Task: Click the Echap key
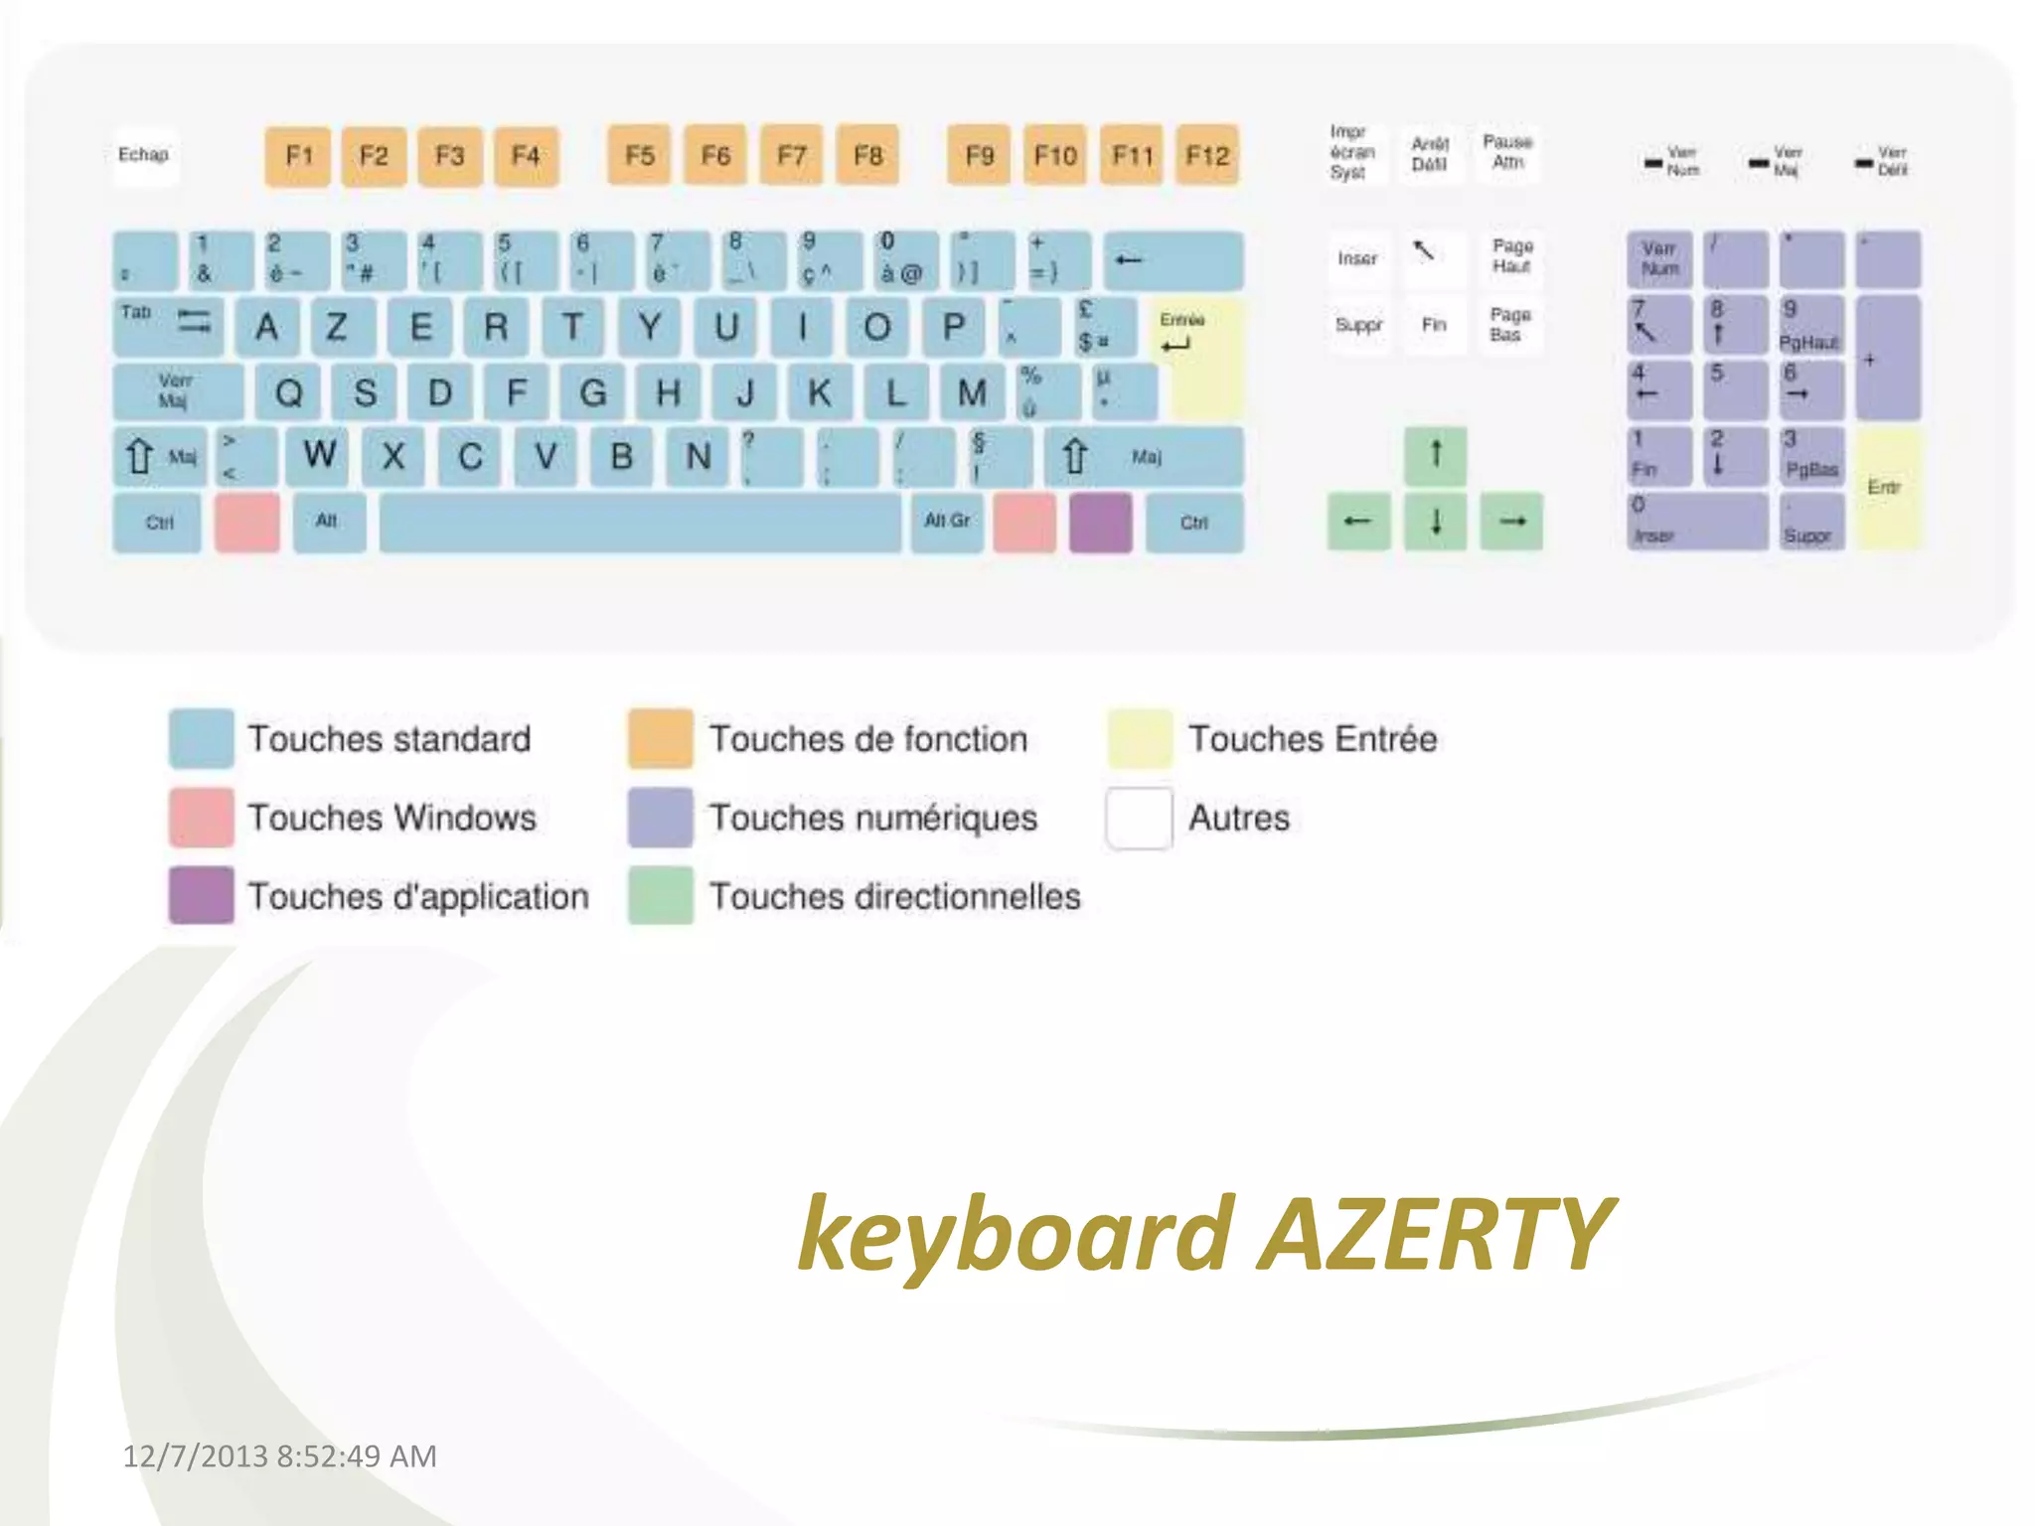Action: tap(144, 156)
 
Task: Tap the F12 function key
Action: tap(1207, 156)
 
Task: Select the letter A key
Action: tap(266, 327)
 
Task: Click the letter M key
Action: tap(972, 392)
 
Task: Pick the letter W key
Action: tap(319, 456)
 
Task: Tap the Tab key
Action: tap(167, 325)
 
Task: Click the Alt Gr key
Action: tap(947, 522)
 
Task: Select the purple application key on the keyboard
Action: tap(1101, 522)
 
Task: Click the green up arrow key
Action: tap(1435, 455)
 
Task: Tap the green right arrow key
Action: tap(1511, 522)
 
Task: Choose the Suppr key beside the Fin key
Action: tap(1358, 325)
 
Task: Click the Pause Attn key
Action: tap(1507, 153)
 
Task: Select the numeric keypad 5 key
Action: tap(1735, 389)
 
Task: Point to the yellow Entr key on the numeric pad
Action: tap(1887, 488)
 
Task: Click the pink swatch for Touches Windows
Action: tap(202, 818)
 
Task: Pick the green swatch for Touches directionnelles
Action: tap(661, 896)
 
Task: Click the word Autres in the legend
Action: tap(1238, 818)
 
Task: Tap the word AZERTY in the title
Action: tap(1435, 1234)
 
